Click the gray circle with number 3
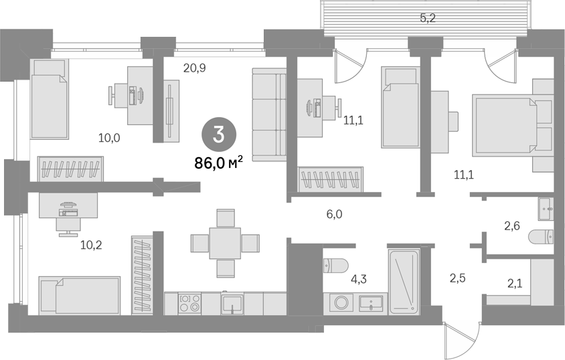pyautogui.click(x=219, y=135)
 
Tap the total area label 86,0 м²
pyautogui.click(x=218, y=163)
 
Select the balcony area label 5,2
pyautogui.click(x=428, y=17)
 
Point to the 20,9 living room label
pyautogui.click(x=195, y=68)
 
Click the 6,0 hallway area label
pyautogui.click(x=334, y=215)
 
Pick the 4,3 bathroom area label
pyautogui.click(x=359, y=278)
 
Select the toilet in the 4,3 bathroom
pyautogui.click(x=336, y=266)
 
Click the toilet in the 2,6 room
pyautogui.click(x=541, y=237)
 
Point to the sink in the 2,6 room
pyautogui.click(x=546, y=209)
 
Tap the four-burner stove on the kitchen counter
pyautogui.click(x=190, y=303)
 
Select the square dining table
pyautogui.click(x=225, y=243)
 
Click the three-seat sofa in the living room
pyautogui.click(x=269, y=114)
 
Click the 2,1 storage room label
pyautogui.click(x=515, y=284)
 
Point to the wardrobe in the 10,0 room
pyautogui.click(x=70, y=169)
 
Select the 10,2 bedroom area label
pyautogui.click(x=91, y=245)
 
